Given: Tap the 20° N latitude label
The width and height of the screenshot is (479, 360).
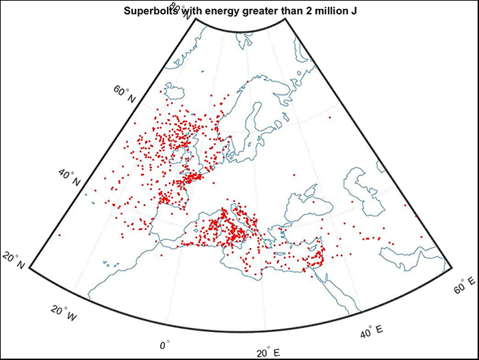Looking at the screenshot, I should pyautogui.click(x=14, y=261).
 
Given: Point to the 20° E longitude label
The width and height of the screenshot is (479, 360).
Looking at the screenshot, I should pyautogui.click(x=268, y=352).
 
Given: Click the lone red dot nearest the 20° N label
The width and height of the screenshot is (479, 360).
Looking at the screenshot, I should pyautogui.click(x=59, y=235).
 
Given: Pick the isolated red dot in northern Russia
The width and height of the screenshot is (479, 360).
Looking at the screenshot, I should pyautogui.click(x=329, y=117).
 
